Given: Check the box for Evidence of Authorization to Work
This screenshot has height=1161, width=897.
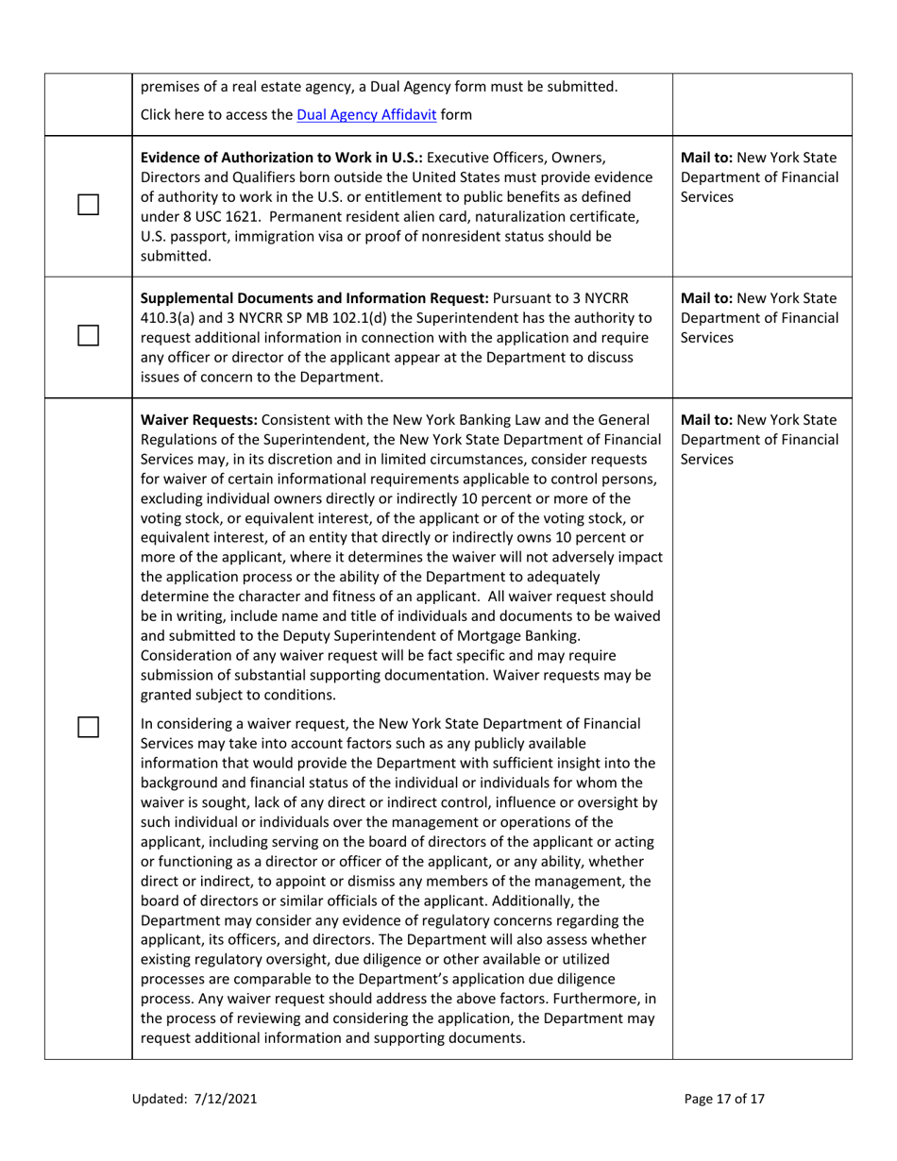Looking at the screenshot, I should coord(88,205).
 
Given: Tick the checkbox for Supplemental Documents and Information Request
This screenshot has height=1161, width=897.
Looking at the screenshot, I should coord(88,335).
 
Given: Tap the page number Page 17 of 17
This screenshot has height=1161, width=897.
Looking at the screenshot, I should coord(723,1099).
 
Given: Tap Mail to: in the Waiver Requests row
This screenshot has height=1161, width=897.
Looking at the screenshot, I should coord(710,419).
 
